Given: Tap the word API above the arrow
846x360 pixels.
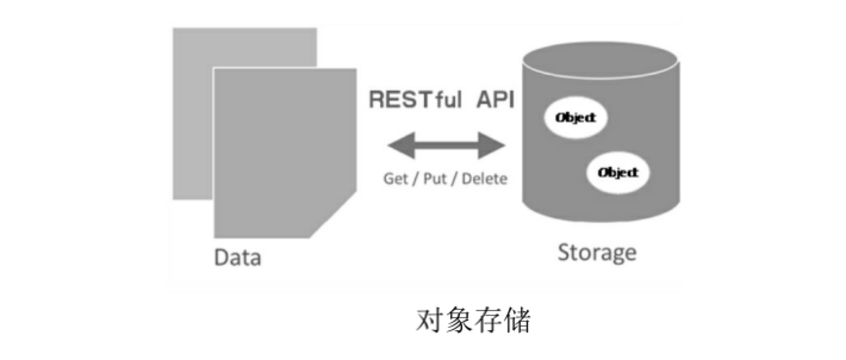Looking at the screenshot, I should click(495, 100).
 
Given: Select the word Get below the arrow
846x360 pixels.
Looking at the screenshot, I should click(396, 179).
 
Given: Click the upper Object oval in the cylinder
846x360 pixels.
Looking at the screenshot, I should click(575, 118).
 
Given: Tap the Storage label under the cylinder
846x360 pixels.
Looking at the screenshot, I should click(597, 253).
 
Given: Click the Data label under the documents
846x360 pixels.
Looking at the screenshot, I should click(238, 258).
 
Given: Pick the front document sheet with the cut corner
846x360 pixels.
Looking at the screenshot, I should click(280, 155).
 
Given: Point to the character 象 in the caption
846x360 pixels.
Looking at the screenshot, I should click(458, 322).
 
